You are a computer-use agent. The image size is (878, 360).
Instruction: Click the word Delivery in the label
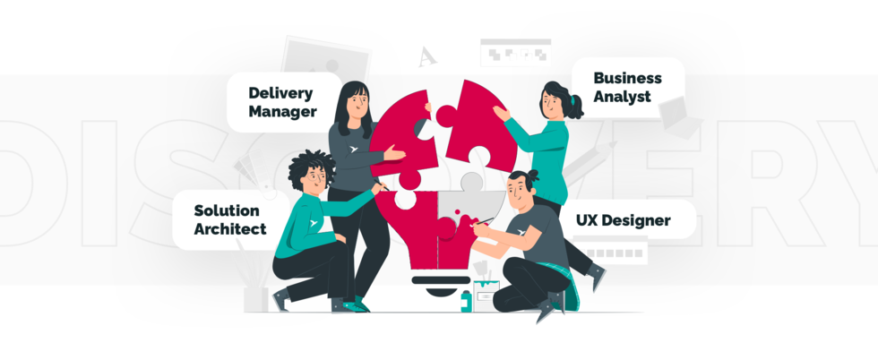(280, 92)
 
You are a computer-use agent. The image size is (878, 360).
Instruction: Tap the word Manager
(282, 112)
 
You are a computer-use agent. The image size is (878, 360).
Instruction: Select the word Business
(627, 78)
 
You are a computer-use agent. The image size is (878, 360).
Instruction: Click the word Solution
(227, 210)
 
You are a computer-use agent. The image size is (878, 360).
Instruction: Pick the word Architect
(230, 229)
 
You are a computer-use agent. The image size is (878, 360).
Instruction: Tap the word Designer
(635, 220)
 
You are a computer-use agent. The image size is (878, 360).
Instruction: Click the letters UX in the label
(588, 220)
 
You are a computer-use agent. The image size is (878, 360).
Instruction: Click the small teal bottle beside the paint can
(466, 302)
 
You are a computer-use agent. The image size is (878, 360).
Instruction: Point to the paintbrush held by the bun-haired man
(485, 220)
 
